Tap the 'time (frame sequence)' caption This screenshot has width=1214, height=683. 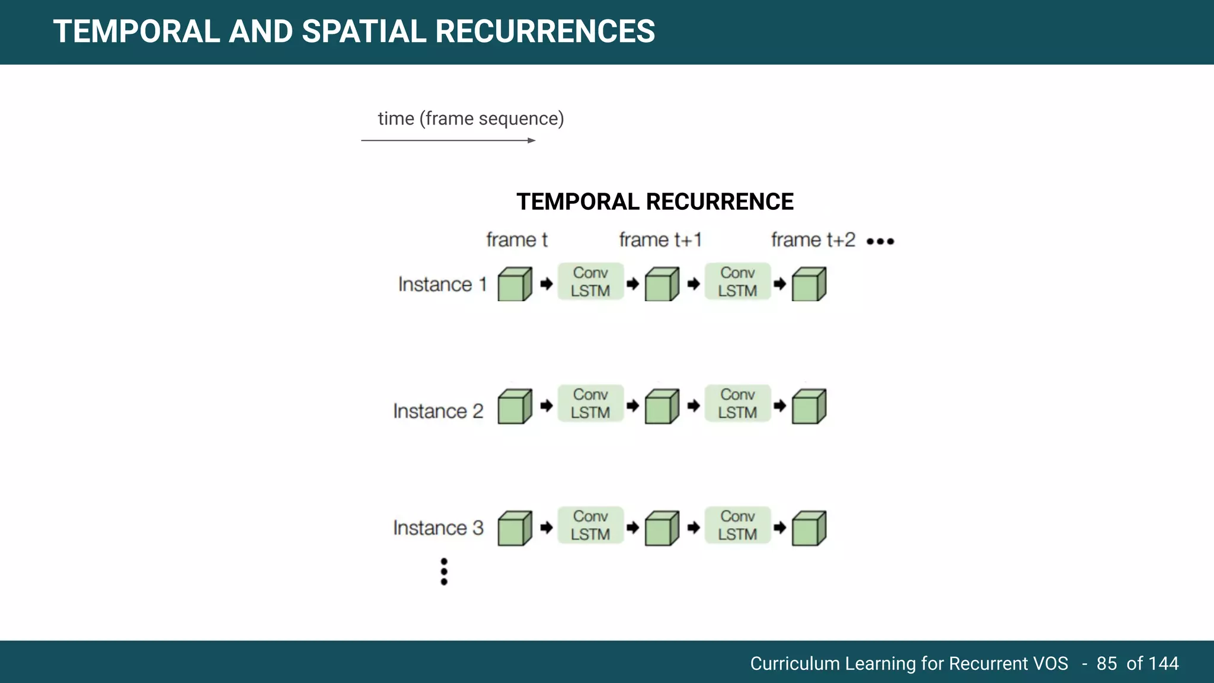[x=471, y=119]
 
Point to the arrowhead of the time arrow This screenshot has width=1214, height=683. [x=532, y=141]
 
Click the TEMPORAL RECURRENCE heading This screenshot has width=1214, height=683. [x=654, y=202]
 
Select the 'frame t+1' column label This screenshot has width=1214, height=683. [x=660, y=240]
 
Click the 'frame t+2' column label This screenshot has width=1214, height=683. [x=813, y=240]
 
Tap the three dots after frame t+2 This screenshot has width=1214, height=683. [x=880, y=241]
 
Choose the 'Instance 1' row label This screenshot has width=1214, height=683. [x=442, y=285]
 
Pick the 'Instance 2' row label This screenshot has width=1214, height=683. [x=438, y=411]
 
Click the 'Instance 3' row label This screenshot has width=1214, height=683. [x=438, y=528]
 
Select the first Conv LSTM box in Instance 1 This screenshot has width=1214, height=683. [x=590, y=282]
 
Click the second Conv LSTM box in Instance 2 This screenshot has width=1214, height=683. [x=737, y=403]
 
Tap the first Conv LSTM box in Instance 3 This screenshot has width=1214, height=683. [x=590, y=525]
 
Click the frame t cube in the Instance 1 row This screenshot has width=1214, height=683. [x=514, y=285]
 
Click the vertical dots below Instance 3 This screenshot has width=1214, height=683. [x=444, y=572]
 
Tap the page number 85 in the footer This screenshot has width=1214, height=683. [x=1106, y=663]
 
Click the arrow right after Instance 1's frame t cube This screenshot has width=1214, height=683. [x=547, y=284]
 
